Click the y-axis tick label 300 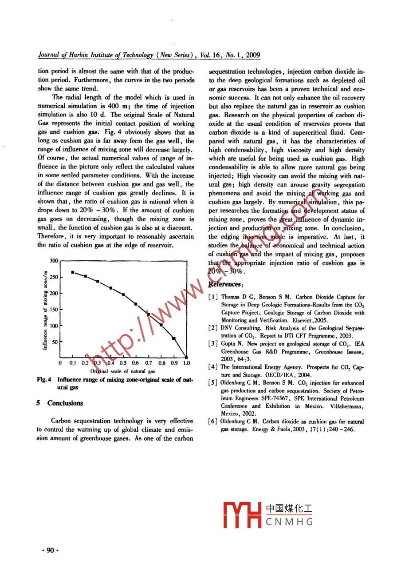54,261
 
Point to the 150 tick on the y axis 53,310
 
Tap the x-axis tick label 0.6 135,363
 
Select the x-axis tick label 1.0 186,363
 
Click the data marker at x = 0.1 73,272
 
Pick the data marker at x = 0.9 174,338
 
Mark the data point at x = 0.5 123,294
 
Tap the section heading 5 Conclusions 59,403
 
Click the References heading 225,284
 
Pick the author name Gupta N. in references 231,344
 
